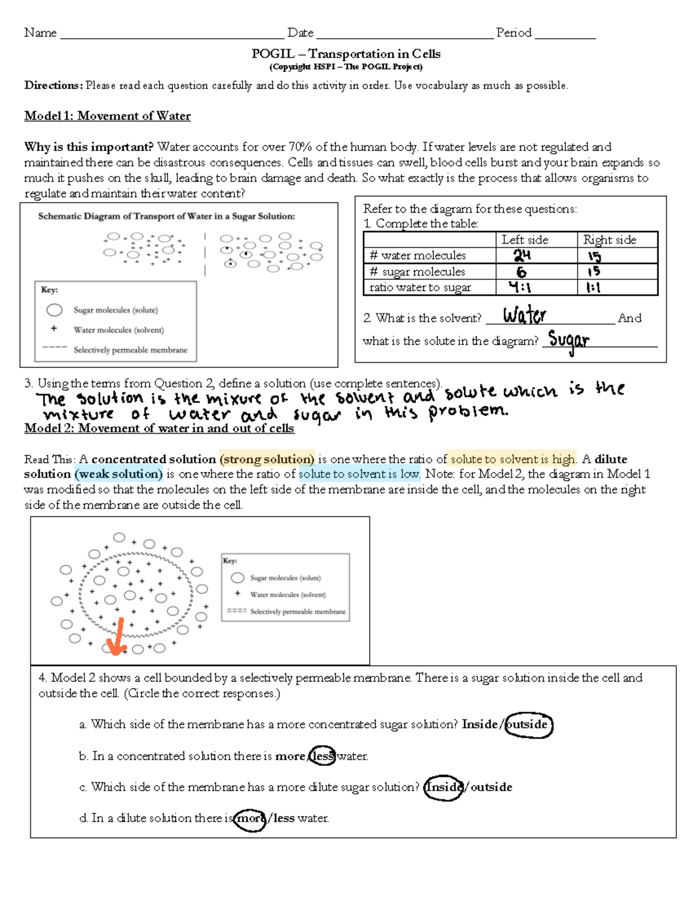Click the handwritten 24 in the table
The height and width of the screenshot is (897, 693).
pos(522,255)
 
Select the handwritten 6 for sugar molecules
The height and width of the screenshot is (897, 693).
pos(521,271)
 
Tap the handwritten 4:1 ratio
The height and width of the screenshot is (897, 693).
pos(520,287)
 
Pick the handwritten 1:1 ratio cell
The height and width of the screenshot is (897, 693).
pos(593,287)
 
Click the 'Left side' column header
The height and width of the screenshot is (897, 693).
pos(524,240)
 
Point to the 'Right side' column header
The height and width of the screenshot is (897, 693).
pos(609,240)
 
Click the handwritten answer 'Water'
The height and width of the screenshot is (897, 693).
pos(524,315)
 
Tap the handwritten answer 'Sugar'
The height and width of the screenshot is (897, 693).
pos(569,340)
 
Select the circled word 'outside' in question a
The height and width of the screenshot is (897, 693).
pos(528,725)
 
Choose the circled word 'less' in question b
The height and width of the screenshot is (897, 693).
pos(323,756)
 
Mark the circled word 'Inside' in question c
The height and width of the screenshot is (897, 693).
pos(444,787)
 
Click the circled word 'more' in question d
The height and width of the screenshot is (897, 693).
pos(250,818)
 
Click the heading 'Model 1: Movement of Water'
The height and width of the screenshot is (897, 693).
pos(107,116)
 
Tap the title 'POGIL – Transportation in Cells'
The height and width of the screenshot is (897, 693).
pos(346,54)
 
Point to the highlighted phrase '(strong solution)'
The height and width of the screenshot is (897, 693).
pos(267,459)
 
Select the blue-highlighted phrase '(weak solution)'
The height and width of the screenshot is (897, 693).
pos(118,474)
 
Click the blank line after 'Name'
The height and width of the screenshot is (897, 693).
pos(172,34)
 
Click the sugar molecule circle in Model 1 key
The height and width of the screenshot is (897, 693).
pos(54,310)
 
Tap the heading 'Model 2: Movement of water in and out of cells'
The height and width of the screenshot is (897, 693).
pos(159,429)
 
